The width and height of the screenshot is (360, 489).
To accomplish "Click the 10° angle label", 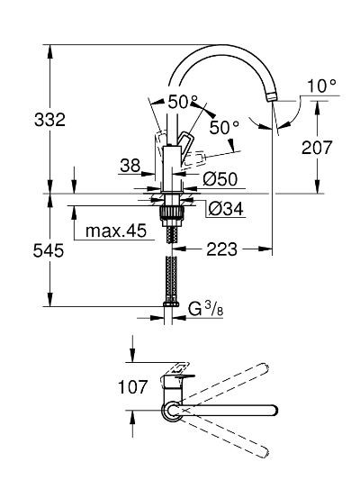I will click(x=319, y=86).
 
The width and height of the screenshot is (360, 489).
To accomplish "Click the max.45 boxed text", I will click(x=116, y=231).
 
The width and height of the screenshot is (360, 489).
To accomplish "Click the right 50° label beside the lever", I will click(x=225, y=128).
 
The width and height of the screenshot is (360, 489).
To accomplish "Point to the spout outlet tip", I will click(x=272, y=97).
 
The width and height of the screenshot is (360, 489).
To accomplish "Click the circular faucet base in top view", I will click(x=170, y=412).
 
